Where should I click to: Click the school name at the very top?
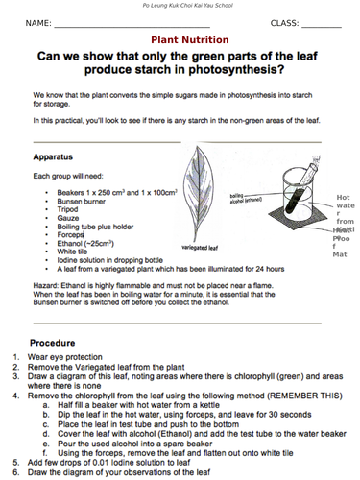click(181, 6)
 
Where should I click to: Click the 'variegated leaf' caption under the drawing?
click(202, 247)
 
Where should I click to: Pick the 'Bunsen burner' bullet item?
click(83, 204)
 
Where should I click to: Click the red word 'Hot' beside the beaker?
click(343, 197)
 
